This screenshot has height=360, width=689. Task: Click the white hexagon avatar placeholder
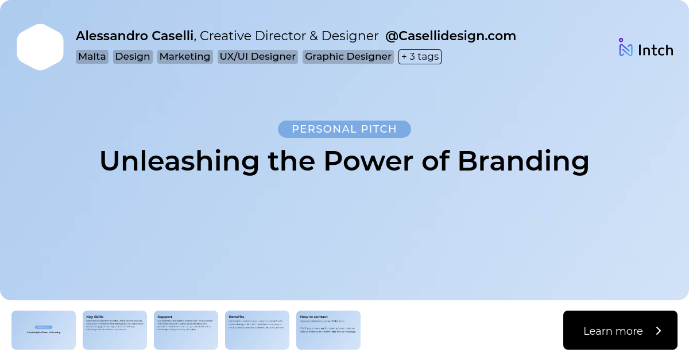click(x=40, y=47)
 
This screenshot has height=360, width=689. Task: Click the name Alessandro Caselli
click(x=134, y=36)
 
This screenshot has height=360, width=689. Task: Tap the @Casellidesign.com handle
click(x=450, y=36)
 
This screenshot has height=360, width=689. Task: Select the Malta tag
click(x=92, y=57)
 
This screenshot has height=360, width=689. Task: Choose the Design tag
click(x=133, y=57)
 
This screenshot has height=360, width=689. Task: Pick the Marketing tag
click(x=185, y=57)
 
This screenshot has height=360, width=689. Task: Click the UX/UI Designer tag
click(x=257, y=57)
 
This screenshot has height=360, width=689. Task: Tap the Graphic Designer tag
click(x=348, y=57)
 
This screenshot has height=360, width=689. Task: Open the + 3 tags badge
click(x=420, y=57)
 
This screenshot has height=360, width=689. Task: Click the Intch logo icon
click(x=625, y=48)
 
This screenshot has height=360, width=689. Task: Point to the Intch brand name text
click(x=655, y=51)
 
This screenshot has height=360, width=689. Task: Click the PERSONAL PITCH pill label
click(x=344, y=129)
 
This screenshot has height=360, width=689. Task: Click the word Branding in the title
click(x=523, y=161)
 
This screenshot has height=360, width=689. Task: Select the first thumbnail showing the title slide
click(x=44, y=330)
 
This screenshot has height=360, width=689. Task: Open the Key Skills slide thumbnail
click(x=115, y=330)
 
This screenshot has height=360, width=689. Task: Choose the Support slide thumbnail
click(x=186, y=330)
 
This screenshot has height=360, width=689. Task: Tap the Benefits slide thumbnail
click(x=257, y=330)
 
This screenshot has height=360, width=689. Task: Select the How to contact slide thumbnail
click(x=328, y=330)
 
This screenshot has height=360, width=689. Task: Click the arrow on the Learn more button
click(x=659, y=331)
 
